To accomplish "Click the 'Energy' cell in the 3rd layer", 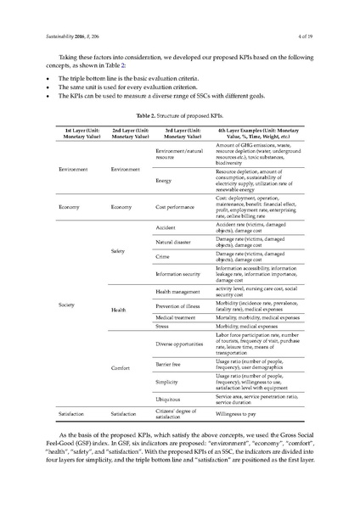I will click(164, 181).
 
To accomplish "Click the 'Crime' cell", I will click(165, 255).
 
